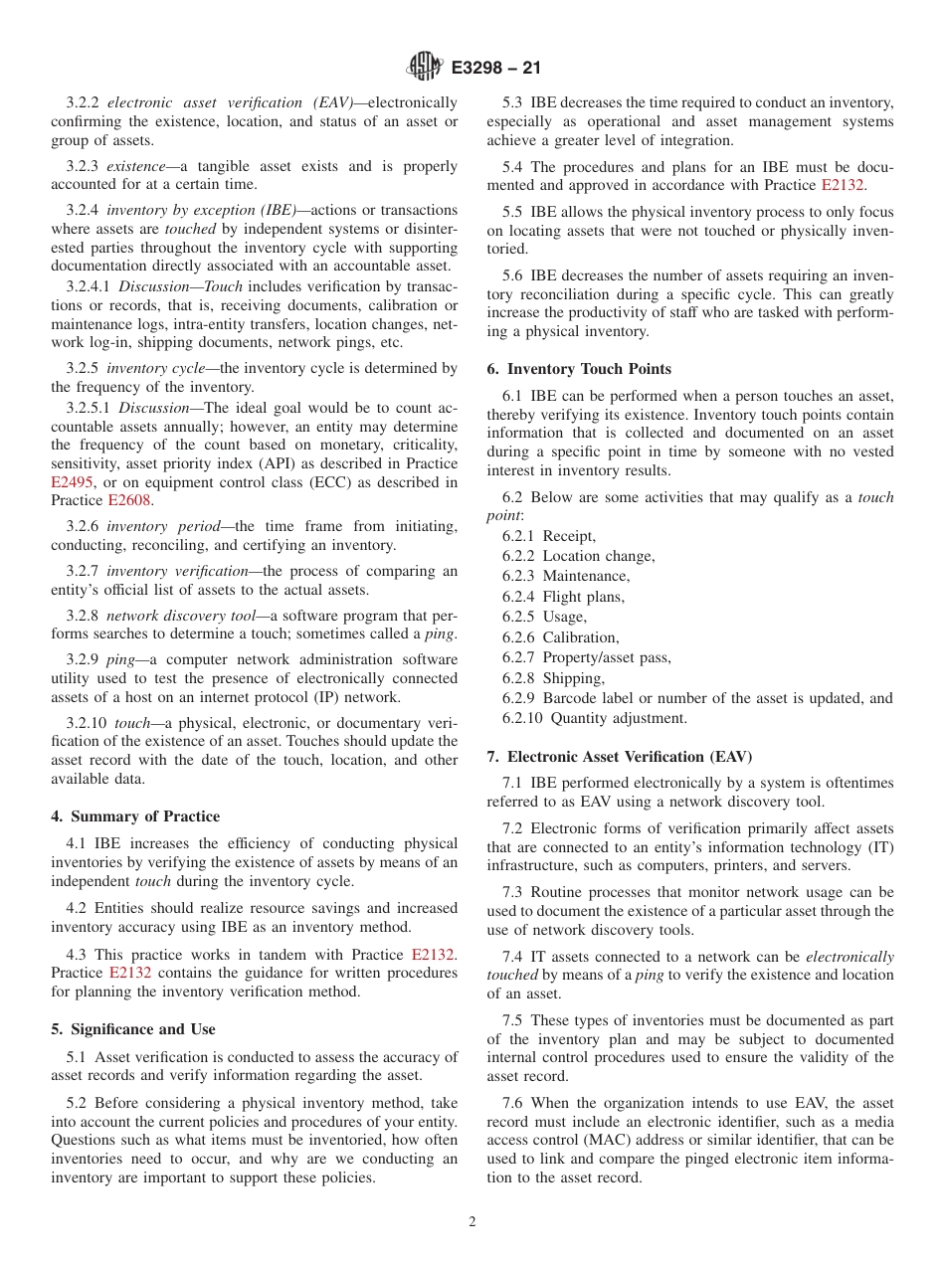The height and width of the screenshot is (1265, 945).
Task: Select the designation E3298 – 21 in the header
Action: coord(495,69)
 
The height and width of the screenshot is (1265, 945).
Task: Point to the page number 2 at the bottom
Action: coord(472,1222)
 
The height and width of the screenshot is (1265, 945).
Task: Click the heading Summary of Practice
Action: coord(135,816)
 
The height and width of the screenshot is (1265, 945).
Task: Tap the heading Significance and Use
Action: coord(133,1029)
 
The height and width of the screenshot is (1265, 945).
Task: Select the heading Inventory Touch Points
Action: coord(579,369)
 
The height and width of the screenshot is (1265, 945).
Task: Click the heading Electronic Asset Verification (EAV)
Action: coord(620,757)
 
